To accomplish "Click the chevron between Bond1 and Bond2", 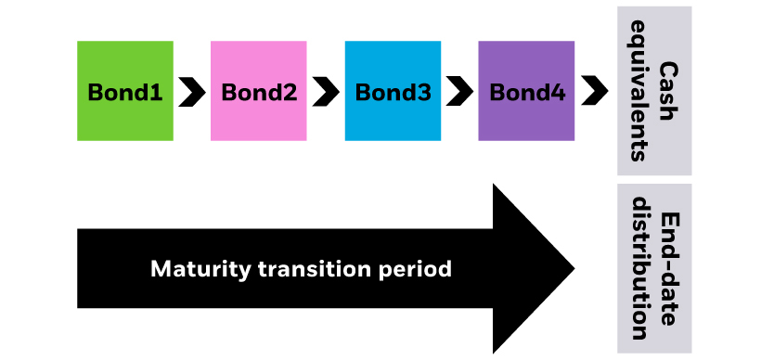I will click(192, 92).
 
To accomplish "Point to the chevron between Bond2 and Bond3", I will click(326, 92).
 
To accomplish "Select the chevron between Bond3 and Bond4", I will click(459, 92).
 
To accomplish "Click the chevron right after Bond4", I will click(594, 92).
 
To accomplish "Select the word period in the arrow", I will click(419, 270).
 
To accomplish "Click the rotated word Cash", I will click(668, 90).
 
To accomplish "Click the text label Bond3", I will click(393, 93).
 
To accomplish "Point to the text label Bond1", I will click(125, 93).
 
